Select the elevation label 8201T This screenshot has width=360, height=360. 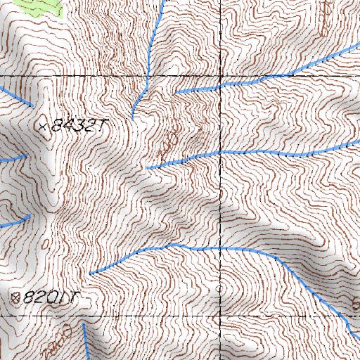pyautogui.click(x=49, y=297)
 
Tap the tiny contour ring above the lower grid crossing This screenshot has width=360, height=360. pyautogui.click(x=218, y=288)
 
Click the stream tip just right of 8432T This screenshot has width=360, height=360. pyautogui.click(x=132, y=117)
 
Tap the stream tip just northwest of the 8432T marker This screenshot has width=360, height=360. pyautogui.click(x=31, y=105)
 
